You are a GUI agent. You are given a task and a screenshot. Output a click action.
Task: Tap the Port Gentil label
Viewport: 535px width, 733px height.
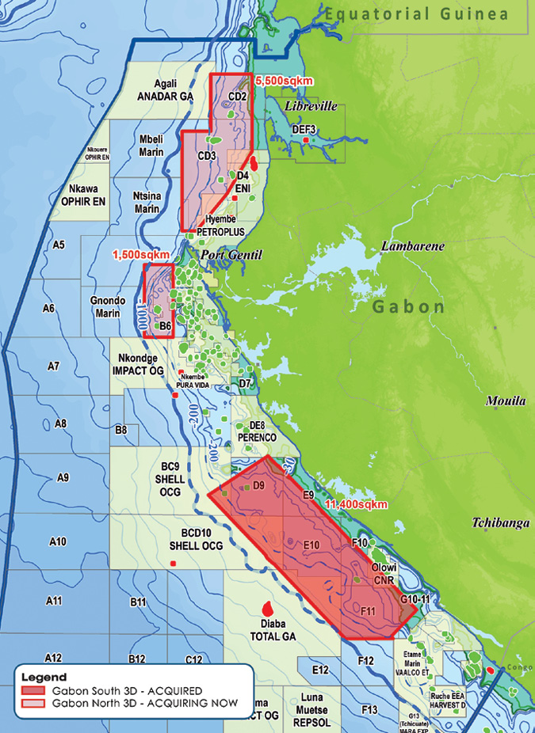tap(231, 254)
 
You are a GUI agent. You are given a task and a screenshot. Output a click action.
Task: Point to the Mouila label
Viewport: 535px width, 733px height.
tap(506, 401)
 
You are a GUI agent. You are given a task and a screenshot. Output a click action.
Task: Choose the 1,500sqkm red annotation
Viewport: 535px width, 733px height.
tap(142, 255)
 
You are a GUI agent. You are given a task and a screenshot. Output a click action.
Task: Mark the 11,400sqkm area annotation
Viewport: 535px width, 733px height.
tap(357, 504)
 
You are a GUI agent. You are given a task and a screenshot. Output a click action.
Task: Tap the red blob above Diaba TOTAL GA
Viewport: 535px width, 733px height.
tap(267, 609)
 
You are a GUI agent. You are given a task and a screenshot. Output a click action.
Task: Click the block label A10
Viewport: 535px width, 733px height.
tap(57, 541)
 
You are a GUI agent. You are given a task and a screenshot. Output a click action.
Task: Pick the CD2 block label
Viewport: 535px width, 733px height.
tap(236, 97)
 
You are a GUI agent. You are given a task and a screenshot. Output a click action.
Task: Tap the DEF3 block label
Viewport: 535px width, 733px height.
tap(304, 128)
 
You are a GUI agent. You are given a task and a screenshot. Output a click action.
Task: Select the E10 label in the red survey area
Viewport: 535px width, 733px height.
tap(311, 545)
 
